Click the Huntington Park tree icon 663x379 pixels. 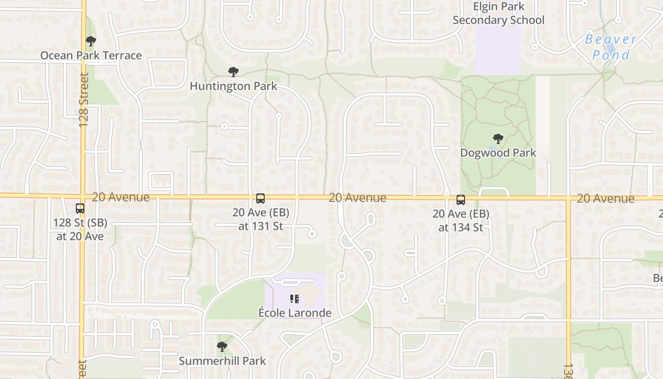point(233,72)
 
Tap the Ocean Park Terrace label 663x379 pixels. point(91,55)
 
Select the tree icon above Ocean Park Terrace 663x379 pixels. point(91,41)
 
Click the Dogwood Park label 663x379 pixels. point(498,153)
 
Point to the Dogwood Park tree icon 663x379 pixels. point(498,139)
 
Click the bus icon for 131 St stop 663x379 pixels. point(260,199)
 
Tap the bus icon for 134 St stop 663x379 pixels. point(460,199)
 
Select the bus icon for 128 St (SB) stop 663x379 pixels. point(80,208)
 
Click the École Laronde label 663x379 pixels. point(295,313)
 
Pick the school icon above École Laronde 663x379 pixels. point(295,298)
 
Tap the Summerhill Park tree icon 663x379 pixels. point(222,347)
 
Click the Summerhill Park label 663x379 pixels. point(222,361)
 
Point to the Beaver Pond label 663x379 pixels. point(611,47)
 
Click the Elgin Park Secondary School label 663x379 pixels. point(499,13)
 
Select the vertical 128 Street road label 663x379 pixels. point(84,99)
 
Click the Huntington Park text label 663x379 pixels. point(233,86)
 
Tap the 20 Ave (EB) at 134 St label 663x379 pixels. point(461,220)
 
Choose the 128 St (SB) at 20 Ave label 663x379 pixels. point(80,229)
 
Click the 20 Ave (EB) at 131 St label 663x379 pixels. point(260,219)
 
